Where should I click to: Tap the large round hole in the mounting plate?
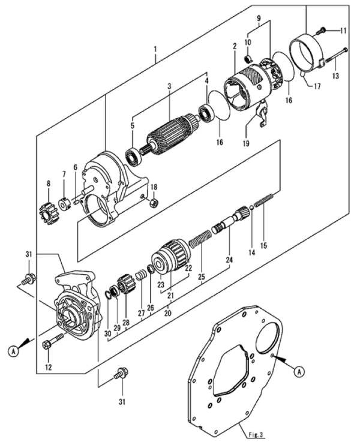point(268,336)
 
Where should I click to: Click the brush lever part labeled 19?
point(260,115)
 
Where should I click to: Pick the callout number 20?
point(167,312)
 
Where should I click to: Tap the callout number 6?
point(76,168)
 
